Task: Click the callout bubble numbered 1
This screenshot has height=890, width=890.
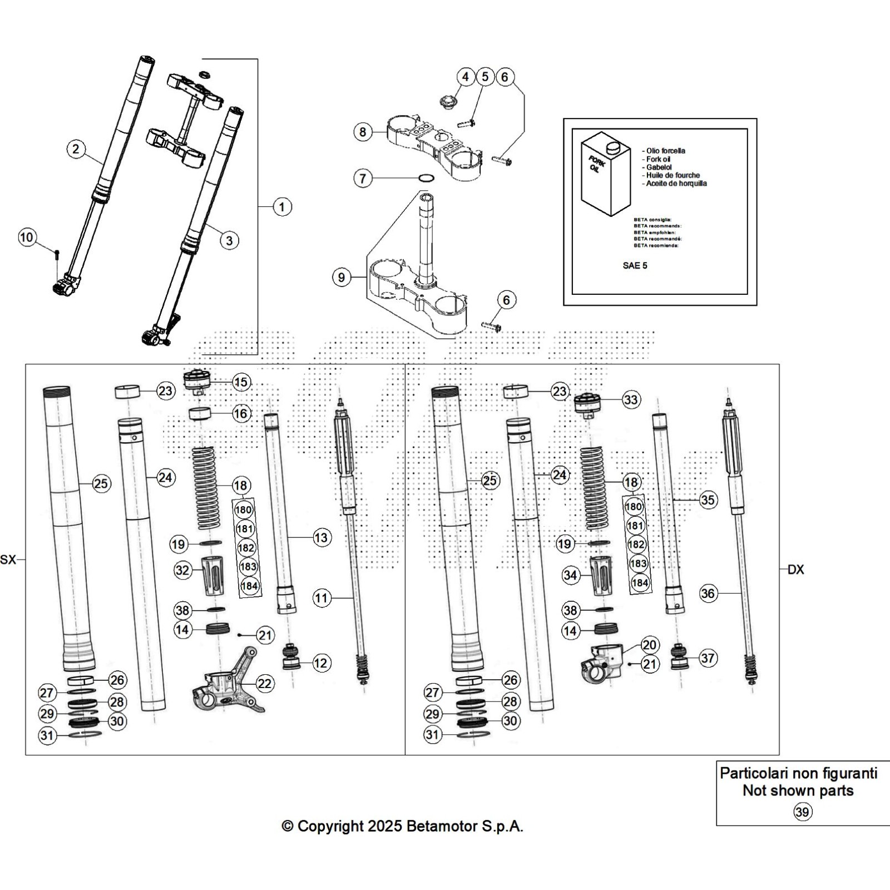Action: (282, 207)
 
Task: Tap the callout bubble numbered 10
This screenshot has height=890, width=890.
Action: (27, 238)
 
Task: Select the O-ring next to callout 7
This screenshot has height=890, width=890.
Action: (426, 179)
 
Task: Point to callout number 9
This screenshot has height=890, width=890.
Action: (342, 277)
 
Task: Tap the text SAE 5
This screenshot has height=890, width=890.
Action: (635, 265)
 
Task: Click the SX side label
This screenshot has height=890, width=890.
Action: (8, 560)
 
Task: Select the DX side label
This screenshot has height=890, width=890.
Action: (796, 570)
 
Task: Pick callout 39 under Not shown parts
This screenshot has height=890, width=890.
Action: (802, 812)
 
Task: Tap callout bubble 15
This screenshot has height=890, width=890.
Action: (241, 382)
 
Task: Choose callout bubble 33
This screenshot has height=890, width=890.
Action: (631, 399)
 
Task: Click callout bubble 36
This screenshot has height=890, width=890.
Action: (708, 594)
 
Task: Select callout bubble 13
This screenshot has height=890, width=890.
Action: (321, 537)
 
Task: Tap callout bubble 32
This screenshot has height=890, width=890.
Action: (182, 570)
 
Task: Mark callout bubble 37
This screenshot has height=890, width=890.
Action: (708, 658)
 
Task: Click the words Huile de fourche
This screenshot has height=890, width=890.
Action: (673, 175)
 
